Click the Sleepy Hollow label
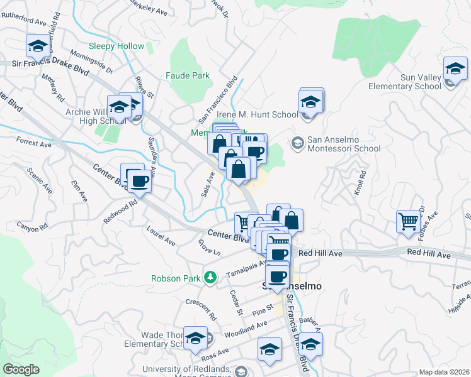(116, 46)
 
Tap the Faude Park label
(187, 75)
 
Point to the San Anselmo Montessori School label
(343, 144)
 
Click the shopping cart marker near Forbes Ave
(409, 221)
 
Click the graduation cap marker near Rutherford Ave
(38, 46)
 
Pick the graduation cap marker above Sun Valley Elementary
(455, 68)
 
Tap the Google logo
(21, 369)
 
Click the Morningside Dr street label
(92, 61)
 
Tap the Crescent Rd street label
(201, 307)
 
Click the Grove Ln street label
(208, 248)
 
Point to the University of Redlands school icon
(240, 372)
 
